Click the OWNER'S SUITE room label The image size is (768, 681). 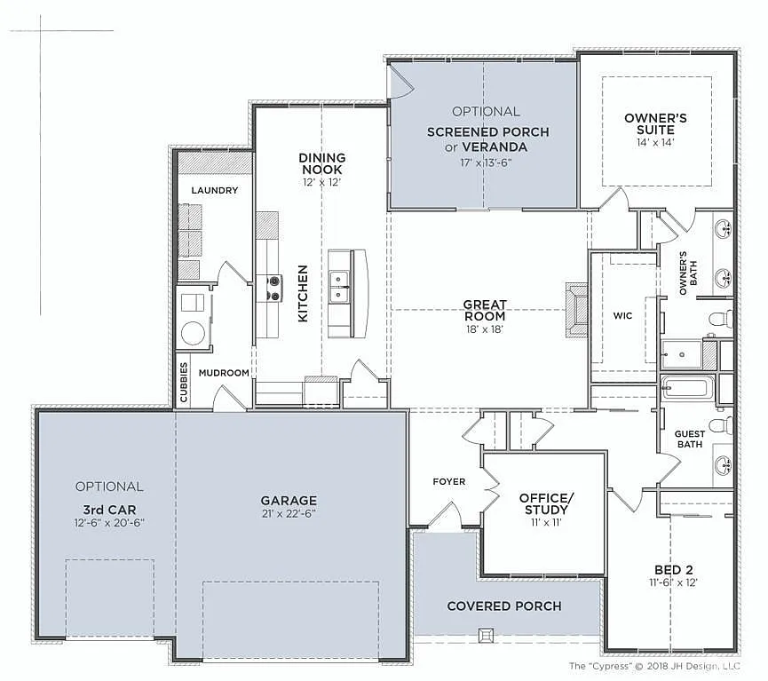point(655,123)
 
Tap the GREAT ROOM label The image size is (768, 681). point(484,310)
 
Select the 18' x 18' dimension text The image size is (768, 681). point(484,329)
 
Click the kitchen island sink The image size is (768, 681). point(339,286)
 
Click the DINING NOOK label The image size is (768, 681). point(321,163)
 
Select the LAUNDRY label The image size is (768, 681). point(214,190)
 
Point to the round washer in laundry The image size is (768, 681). point(193,333)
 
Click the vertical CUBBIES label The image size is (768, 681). point(184,382)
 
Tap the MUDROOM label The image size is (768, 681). point(224,373)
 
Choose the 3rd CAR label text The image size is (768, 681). point(109,510)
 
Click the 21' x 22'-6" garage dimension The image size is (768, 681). point(289,513)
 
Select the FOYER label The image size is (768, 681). point(448,481)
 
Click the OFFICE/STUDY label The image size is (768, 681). point(546,503)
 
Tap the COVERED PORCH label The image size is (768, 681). point(503,606)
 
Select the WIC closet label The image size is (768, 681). point(622,315)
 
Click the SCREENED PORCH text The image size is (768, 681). point(487,132)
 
